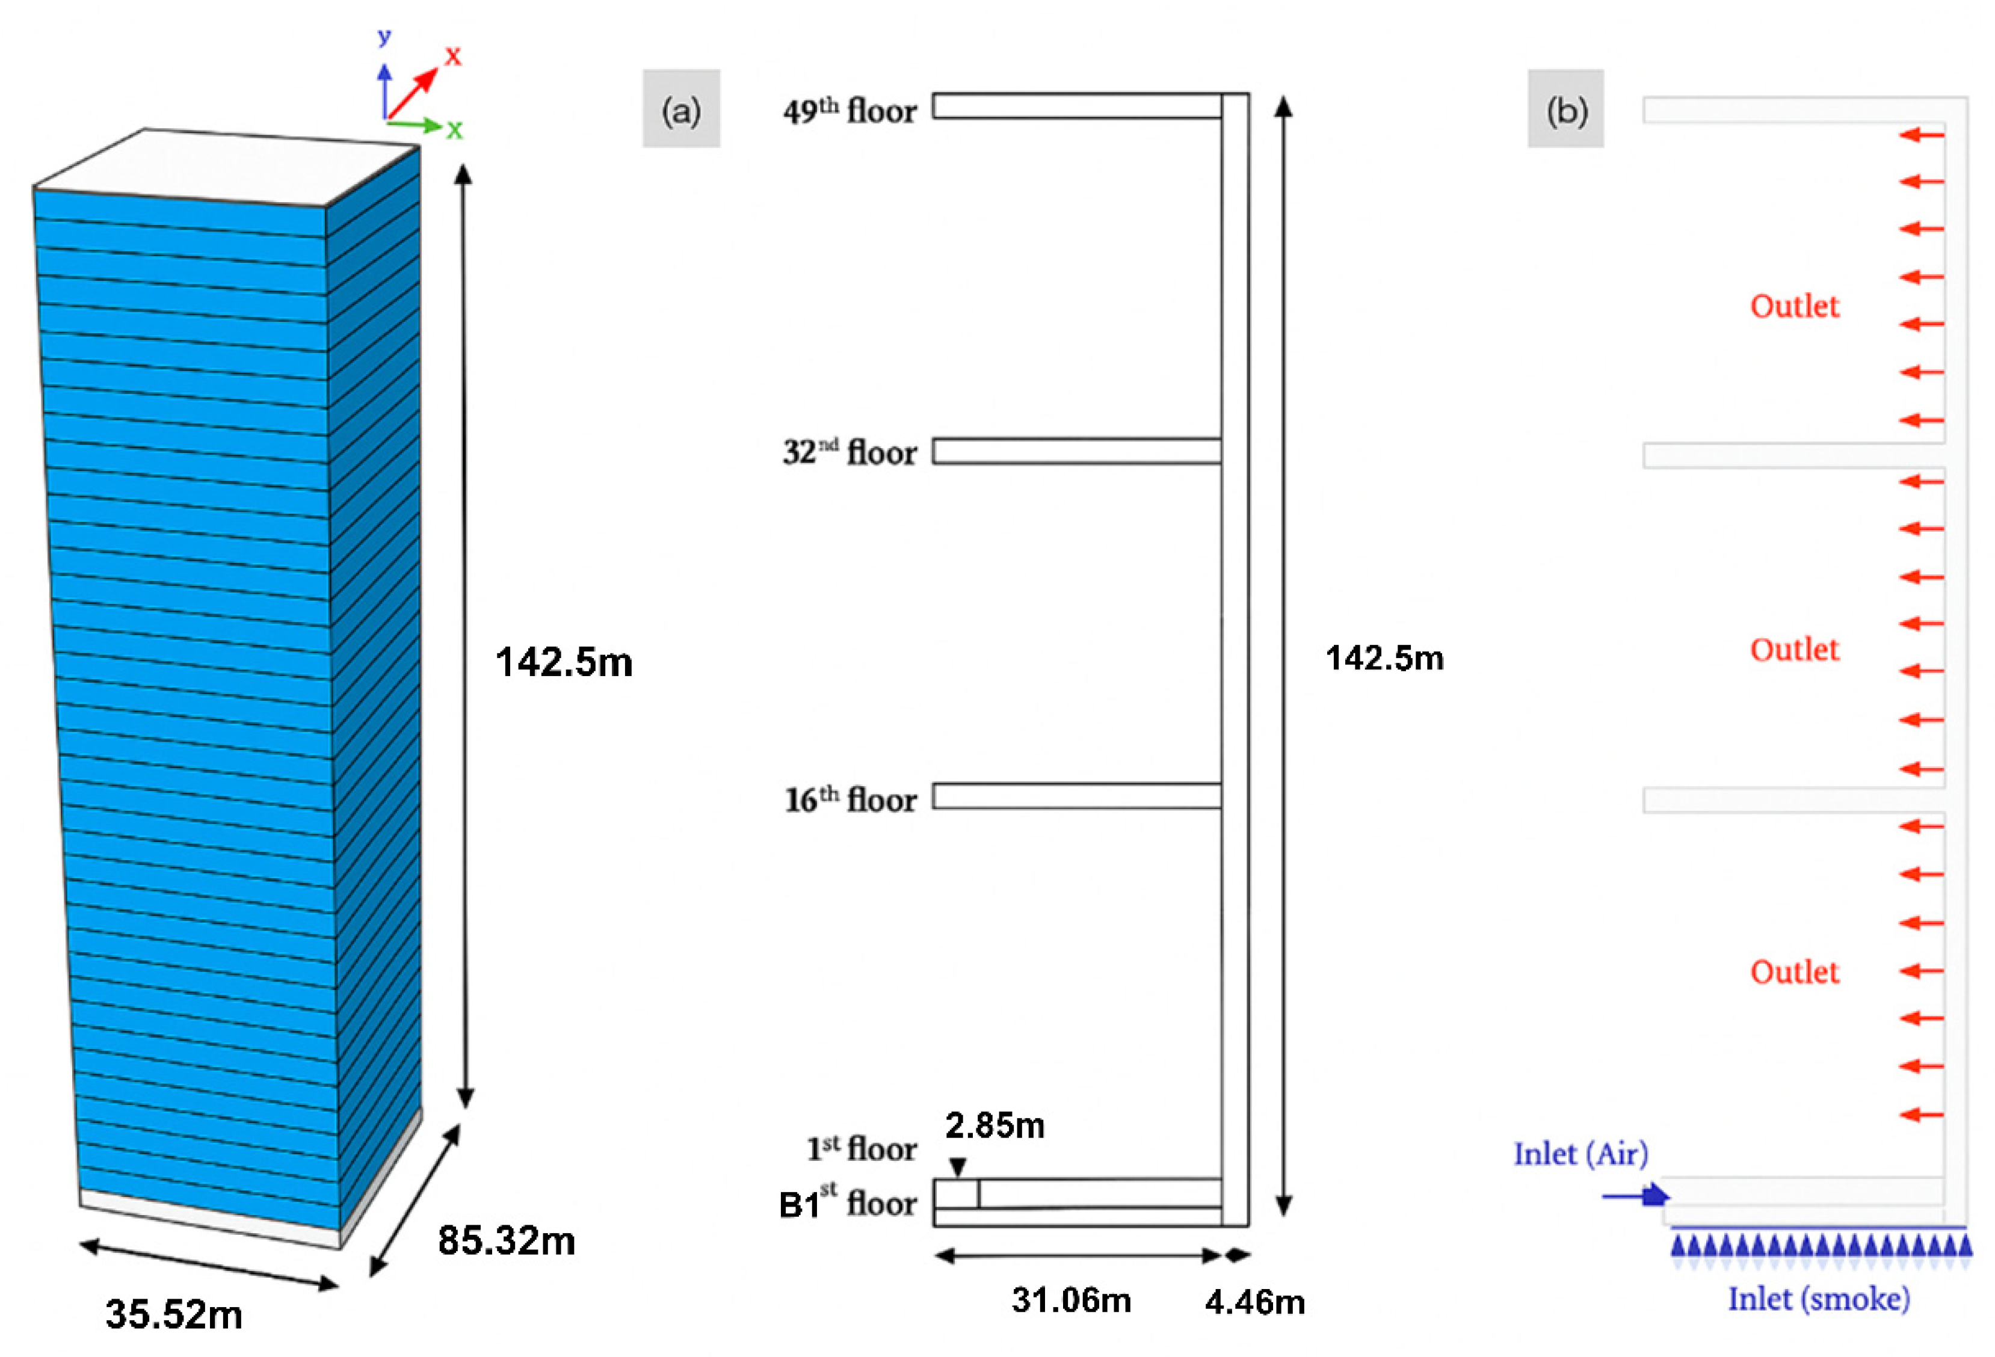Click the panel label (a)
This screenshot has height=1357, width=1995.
point(680,111)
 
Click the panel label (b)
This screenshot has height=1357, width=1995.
point(1566,111)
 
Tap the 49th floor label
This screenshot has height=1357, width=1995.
point(849,110)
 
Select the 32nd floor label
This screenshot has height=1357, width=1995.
point(849,452)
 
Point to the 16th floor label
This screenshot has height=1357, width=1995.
point(850,799)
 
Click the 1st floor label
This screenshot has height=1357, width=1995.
point(861,1148)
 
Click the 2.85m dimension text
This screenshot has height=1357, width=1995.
point(995,1125)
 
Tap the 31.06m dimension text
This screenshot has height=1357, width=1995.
point(1072,1300)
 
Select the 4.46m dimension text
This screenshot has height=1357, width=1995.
point(1255,1303)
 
